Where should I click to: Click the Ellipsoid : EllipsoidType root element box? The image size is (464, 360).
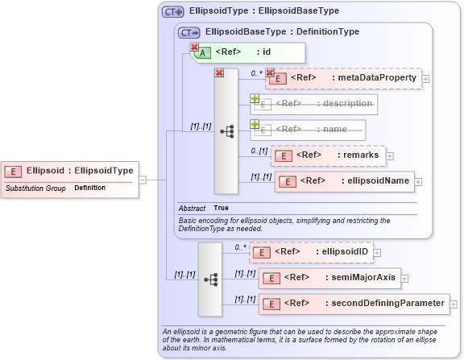click(69, 171)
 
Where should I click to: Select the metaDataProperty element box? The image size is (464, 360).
click(343, 77)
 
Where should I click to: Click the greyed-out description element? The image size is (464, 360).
click(315, 104)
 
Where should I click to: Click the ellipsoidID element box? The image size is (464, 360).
click(311, 252)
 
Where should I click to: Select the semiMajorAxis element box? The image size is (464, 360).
click(329, 278)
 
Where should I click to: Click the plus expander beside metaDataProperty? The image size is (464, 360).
click(426, 78)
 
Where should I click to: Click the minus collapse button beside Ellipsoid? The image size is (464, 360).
click(143, 180)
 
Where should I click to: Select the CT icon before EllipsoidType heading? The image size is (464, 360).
click(172, 11)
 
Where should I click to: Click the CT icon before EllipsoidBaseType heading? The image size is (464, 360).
click(189, 32)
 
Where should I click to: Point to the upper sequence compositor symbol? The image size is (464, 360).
click(226, 130)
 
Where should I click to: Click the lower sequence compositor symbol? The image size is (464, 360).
click(211, 279)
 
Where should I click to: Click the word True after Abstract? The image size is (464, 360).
click(221, 208)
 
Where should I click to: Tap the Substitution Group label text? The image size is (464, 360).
click(35, 188)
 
